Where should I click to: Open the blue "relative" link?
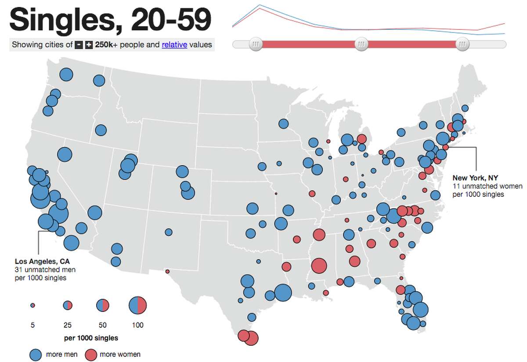(174, 44)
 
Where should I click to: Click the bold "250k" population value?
(104, 44)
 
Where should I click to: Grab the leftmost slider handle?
(255, 44)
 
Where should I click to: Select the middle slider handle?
(361, 44)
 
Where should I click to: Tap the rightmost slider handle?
(463, 44)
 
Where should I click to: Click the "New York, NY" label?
(475, 178)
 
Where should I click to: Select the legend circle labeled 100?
(137, 305)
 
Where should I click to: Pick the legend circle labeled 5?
(32, 305)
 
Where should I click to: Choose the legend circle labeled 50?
(102, 305)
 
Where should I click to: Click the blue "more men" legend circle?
(36, 354)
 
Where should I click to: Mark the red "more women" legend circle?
(90, 354)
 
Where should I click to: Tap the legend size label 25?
(68, 325)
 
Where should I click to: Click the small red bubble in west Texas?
(167, 271)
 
